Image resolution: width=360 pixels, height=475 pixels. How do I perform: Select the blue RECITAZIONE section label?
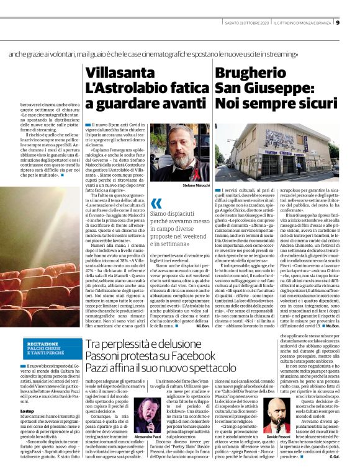click(x=42, y=344)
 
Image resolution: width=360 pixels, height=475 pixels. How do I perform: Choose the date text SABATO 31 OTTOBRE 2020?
click(x=247, y=24)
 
